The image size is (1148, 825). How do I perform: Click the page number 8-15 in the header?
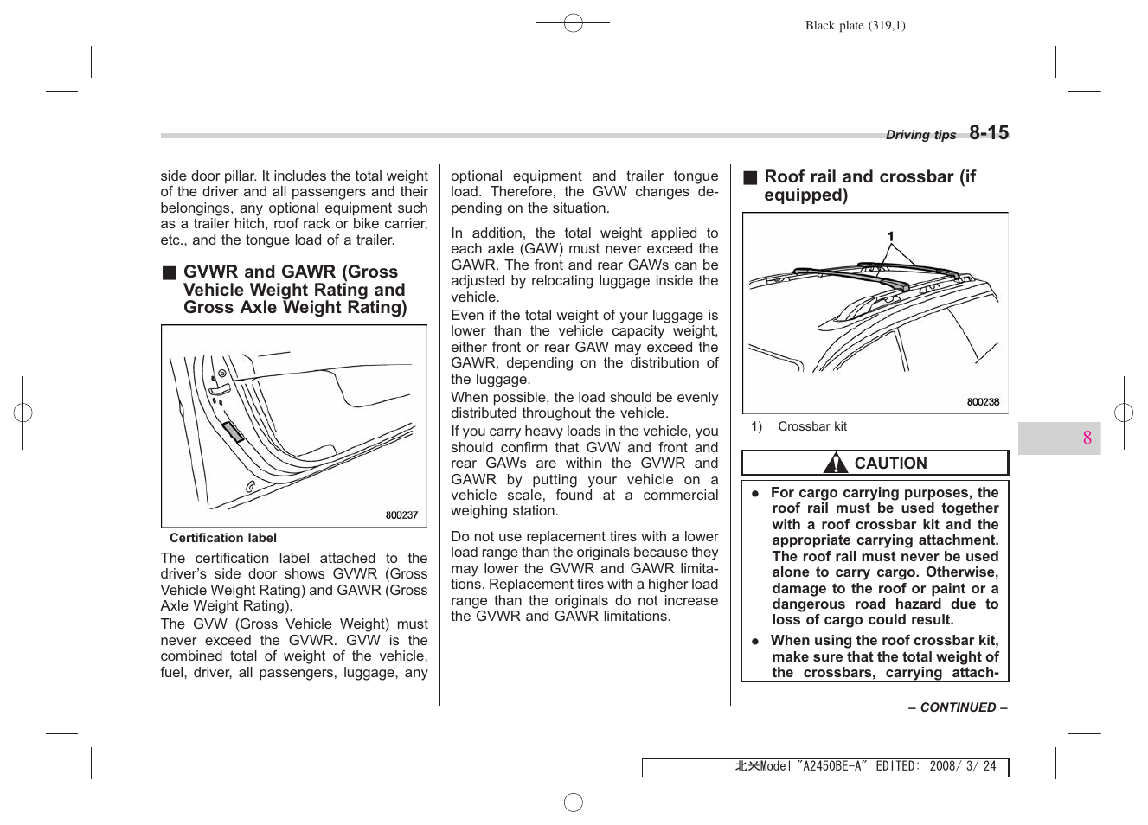click(x=988, y=133)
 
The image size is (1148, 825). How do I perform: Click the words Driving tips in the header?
click(x=920, y=135)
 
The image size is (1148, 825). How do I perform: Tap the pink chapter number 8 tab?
click(x=1087, y=438)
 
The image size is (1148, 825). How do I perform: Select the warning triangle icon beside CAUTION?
click(x=835, y=464)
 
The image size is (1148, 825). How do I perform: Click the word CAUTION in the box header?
click(x=890, y=464)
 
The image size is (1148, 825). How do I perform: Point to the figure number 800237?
click(x=401, y=515)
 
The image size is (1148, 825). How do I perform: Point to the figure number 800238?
click(x=983, y=402)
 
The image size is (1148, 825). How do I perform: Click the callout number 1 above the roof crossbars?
click(x=890, y=236)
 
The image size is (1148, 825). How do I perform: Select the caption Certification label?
click(x=223, y=538)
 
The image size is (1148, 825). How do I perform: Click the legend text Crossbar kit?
click(x=811, y=426)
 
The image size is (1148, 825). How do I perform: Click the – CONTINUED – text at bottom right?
click(x=957, y=707)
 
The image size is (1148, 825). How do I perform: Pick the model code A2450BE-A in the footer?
click(x=832, y=766)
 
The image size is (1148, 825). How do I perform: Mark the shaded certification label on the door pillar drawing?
click(x=233, y=432)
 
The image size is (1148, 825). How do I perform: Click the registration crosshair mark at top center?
click(x=573, y=23)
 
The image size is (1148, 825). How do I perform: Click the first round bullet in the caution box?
click(x=754, y=493)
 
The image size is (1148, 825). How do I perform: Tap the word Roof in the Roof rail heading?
click(x=784, y=177)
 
